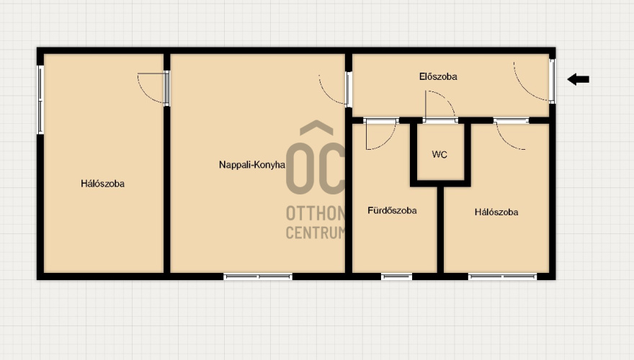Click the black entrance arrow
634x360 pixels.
pos(579,79)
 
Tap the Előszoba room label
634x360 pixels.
pos(438,76)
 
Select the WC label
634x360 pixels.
pos(439,154)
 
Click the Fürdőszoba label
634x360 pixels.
pos(392,210)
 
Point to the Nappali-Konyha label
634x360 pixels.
pos(252,164)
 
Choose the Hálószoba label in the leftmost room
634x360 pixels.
pos(103,184)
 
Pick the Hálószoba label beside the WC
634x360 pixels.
pos(496,212)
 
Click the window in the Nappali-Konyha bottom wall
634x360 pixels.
pos(258,276)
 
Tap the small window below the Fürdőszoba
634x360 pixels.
pos(397,276)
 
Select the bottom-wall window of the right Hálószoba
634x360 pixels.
pos(503,276)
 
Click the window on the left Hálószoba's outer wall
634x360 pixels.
pos(40,100)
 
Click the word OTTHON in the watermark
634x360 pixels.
pos(316,213)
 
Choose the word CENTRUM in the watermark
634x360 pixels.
pos(316,233)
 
